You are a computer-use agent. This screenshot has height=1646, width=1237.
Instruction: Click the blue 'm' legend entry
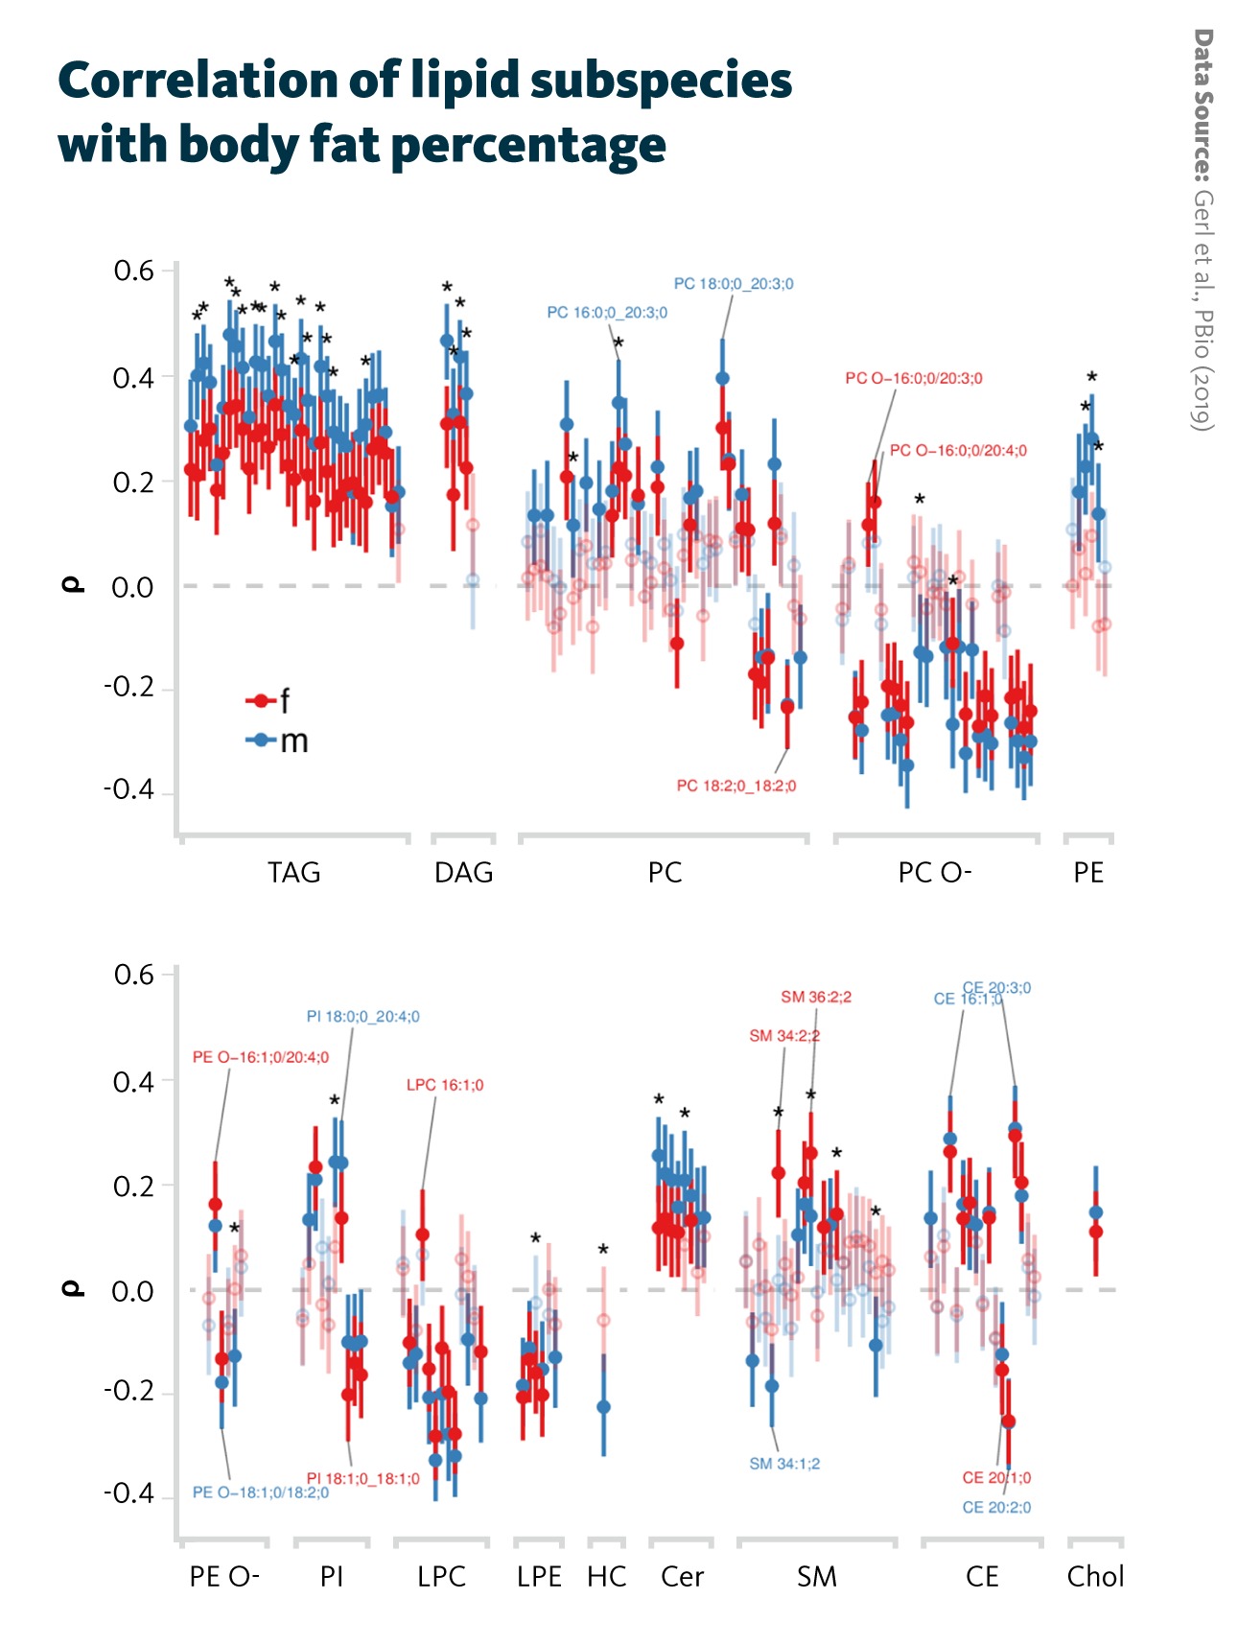278,741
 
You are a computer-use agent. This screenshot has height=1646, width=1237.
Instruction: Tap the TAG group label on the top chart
293,873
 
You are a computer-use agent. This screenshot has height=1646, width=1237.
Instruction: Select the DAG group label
463,873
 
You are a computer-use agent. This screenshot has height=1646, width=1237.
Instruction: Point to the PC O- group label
935,873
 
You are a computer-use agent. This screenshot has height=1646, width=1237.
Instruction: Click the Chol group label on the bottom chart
1095,1577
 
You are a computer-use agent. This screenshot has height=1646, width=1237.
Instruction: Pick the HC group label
606,1577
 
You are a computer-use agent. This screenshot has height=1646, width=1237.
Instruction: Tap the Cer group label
682,1577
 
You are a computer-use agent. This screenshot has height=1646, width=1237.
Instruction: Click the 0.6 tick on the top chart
134,271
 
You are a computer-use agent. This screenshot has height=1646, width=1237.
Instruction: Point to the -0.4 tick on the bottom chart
129,1493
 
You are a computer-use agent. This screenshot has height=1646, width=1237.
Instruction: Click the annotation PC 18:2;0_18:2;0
736,786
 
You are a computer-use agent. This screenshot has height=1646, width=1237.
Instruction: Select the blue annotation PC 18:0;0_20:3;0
734,284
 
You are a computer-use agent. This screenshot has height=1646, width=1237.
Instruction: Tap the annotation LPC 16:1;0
445,1085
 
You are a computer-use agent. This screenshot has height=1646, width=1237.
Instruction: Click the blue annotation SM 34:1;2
784,1464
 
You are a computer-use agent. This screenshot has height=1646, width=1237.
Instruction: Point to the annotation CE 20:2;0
996,1508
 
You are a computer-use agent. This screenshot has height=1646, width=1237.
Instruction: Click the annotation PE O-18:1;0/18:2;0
260,1493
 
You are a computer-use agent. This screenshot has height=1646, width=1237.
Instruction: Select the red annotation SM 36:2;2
816,998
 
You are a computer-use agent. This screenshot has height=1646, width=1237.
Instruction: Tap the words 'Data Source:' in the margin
1202,105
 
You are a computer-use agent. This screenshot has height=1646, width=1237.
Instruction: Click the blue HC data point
603,1406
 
